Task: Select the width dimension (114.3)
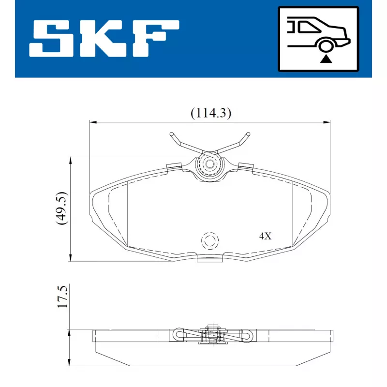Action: [210, 113]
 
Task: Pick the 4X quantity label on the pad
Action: [266, 237]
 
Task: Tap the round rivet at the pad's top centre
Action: [209, 164]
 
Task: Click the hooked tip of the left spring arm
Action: [172, 134]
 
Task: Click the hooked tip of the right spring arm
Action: [248, 134]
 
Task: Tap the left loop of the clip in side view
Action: [178, 334]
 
